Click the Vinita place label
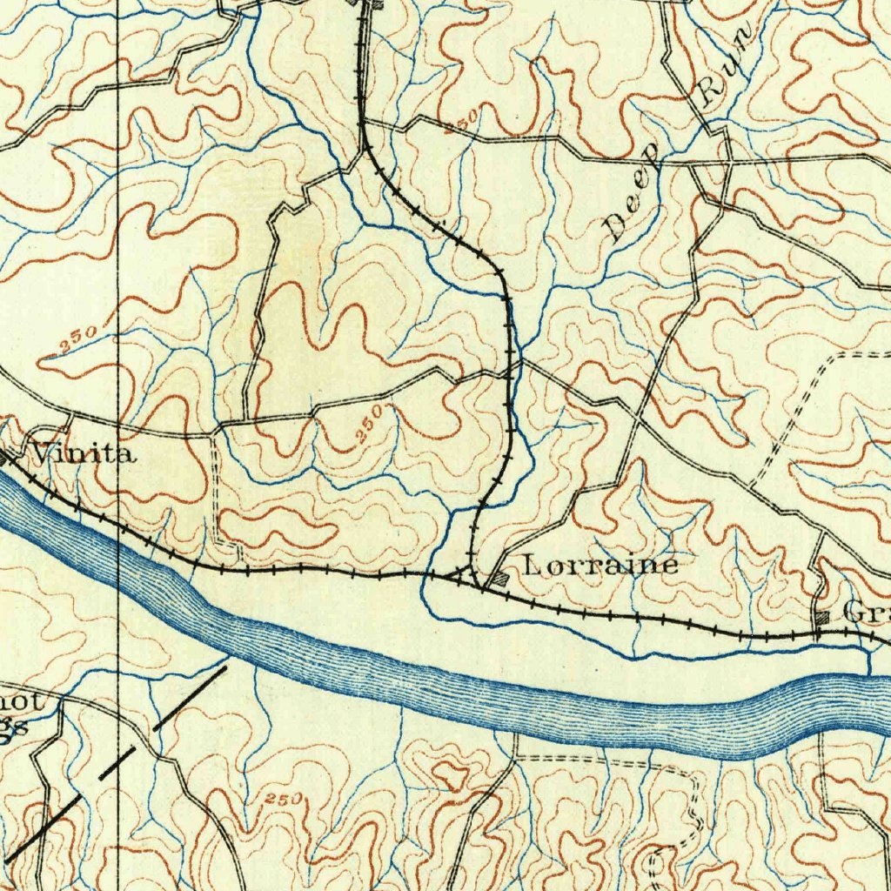[83, 453]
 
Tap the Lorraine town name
[600, 566]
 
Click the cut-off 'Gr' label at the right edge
[866, 613]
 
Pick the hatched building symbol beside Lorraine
[501, 577]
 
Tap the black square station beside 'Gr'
[824, 617]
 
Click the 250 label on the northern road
[460, 123]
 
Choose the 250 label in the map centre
[369, 425]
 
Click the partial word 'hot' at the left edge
[17, 701]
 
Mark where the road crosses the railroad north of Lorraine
[508, 372]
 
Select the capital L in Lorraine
[533, 566]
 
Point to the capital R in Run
[710, 90]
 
